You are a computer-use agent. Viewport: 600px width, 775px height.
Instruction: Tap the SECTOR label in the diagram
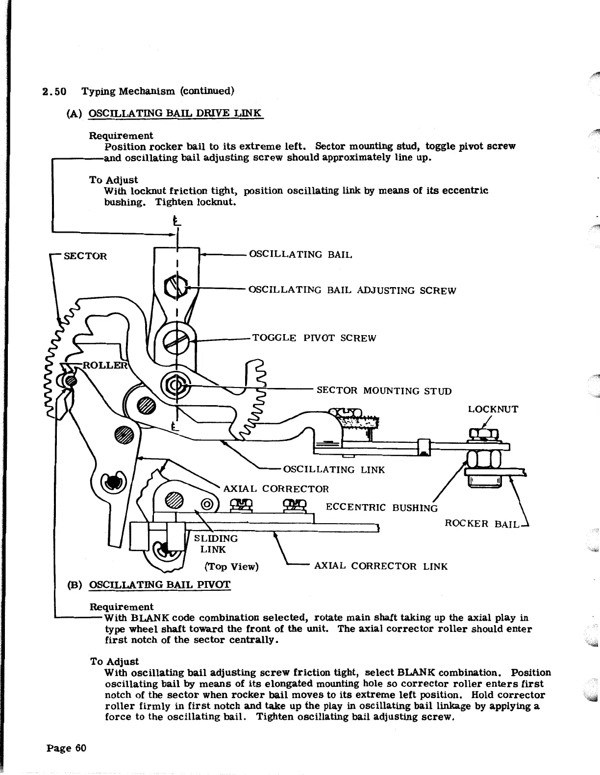click(86, 256)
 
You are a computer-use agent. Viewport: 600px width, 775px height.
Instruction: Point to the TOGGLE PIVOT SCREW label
click(314, 339)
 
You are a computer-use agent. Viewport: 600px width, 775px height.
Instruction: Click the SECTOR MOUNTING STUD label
click(384, 391)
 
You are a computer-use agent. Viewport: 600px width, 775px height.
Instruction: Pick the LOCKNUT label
click(493, 410)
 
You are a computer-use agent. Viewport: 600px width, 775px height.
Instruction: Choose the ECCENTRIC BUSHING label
click(381, 508)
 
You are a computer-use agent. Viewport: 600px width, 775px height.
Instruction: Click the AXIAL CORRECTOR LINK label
click(380, 567)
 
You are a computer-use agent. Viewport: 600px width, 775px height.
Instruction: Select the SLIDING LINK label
click(216, 544)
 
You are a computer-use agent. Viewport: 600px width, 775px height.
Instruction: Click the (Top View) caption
click(231, 567)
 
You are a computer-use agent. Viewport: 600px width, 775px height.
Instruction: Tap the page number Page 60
click(67, 748)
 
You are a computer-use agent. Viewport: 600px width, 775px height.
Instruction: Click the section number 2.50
click(54, 92)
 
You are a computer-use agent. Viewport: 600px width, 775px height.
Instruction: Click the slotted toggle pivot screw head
click(175, 339)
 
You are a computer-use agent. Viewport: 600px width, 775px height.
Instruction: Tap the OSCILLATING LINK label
click(334, 470)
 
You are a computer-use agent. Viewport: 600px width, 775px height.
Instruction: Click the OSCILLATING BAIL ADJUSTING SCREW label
click(352, 291)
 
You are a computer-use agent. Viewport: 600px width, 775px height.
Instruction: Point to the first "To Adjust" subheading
click(113, 180)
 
